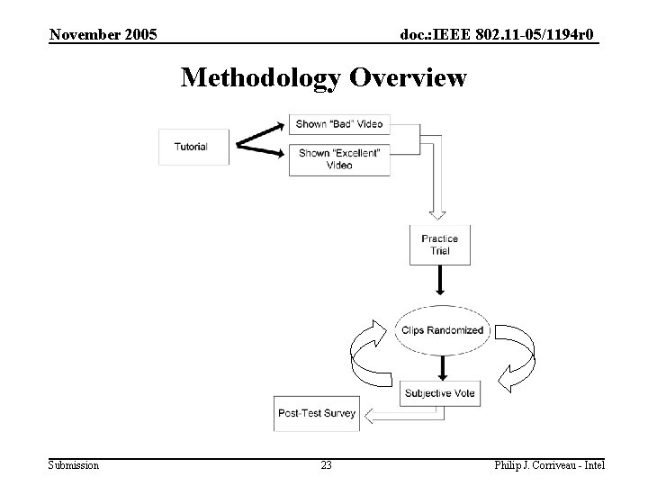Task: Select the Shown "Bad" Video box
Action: click(x=338, y=124)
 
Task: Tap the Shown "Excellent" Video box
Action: click(x=338, y=159)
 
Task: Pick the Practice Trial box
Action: click(x=439, y=245)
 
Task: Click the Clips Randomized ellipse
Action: click(x=441, y=330)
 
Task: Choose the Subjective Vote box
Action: click(x=440, y=393)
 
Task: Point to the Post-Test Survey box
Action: click(x=317, y=414)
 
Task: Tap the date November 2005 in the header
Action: click(x=103, y=35)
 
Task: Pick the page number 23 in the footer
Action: click(x=326, y=465)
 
